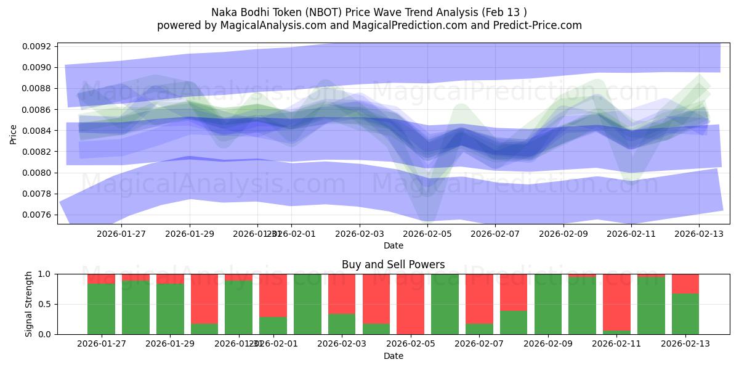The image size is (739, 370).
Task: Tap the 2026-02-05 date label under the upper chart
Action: (x=427, y=234)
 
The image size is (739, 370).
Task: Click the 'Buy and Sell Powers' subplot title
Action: (x=394, y=265)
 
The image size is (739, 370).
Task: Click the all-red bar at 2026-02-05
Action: (x=410, y=304)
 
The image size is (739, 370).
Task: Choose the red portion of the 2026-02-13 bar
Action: (x=685, y=283)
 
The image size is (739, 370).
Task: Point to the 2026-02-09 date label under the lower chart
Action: (x=563, y=344)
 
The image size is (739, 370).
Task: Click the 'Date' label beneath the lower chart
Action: (x=394, y=356)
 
